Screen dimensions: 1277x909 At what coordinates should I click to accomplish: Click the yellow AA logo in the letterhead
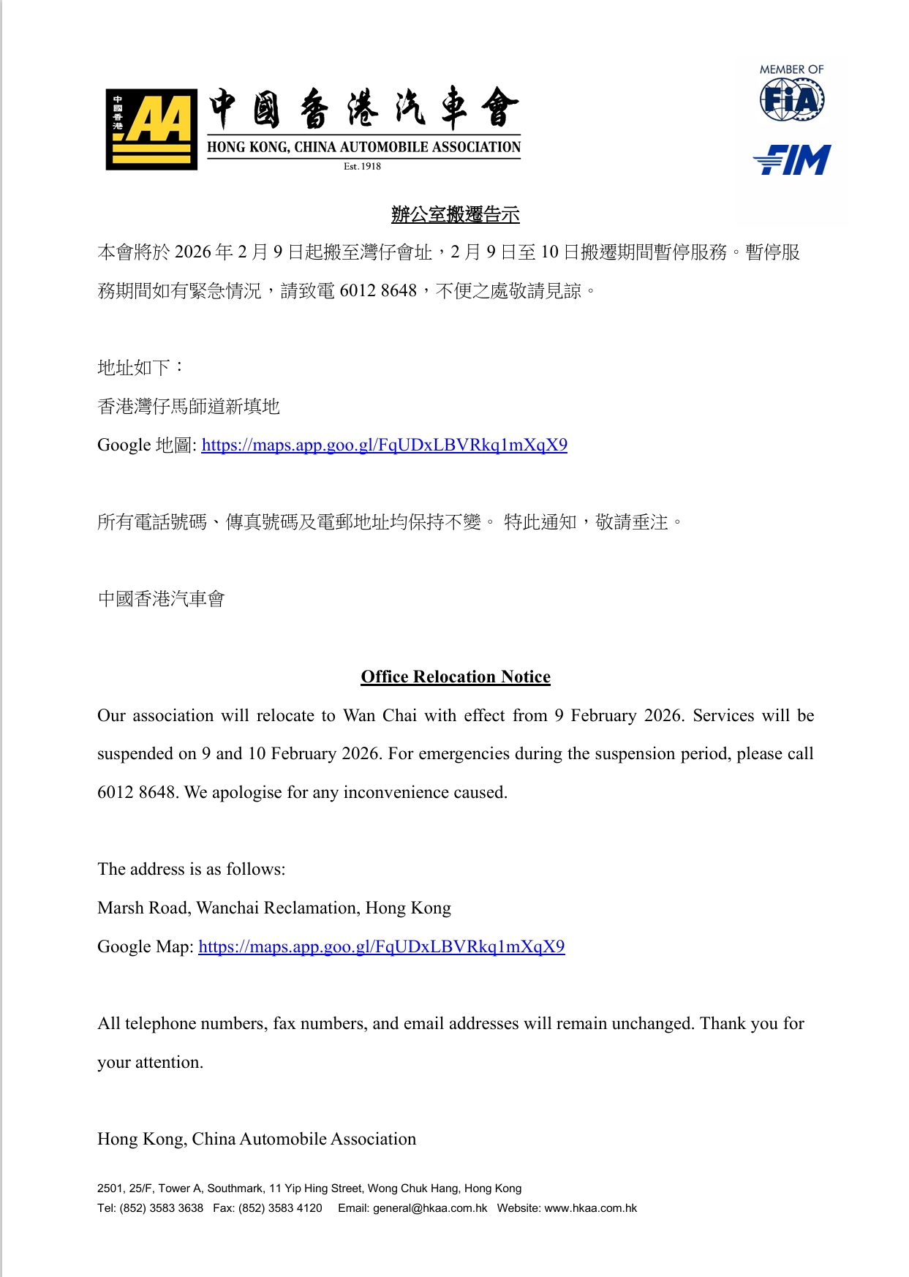[x=151, y=129]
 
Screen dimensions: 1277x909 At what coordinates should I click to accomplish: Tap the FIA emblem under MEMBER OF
[x=792, y=99]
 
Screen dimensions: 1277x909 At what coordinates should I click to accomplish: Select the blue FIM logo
[x=792, y=159]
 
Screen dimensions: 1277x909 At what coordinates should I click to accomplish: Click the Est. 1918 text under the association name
[x=362, y=166]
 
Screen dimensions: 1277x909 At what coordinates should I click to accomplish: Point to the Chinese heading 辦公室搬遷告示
[x=455, y=214]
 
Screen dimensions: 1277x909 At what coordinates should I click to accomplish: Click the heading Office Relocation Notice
[x=455, y=677]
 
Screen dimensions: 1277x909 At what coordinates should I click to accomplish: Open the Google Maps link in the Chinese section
[x=384, y=445]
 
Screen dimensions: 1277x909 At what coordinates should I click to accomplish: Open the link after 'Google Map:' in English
[x=381, y=946]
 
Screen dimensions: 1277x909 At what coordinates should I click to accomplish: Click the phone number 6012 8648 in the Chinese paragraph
[x=378, y=290]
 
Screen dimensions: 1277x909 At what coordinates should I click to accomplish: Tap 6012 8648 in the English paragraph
[x=136, y=792]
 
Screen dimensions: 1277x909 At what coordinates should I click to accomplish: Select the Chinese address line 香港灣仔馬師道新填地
[x=189, y=406]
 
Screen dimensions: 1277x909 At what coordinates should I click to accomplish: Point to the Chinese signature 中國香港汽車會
[x=161, y=599]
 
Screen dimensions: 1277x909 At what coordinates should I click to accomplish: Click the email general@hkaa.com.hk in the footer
[x=430, y=1208]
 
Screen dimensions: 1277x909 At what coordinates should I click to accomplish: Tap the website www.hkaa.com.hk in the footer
[x=590, y=1208]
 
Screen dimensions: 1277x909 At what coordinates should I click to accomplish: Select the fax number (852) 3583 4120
[x=280, y=1208]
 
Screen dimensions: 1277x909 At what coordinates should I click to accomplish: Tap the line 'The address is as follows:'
[x=192, y=869]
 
